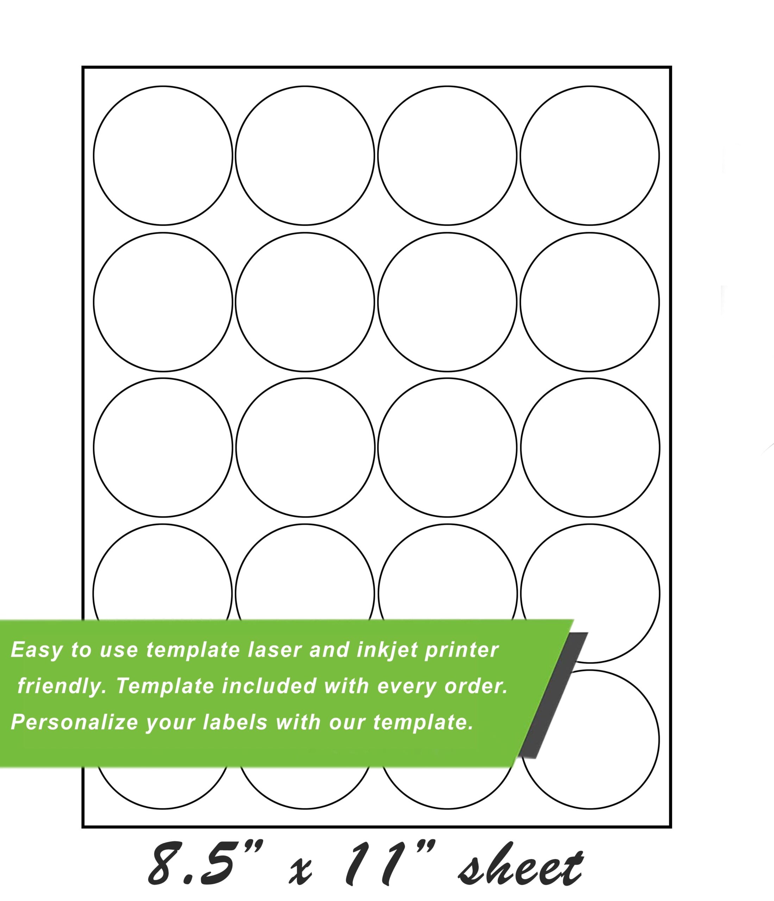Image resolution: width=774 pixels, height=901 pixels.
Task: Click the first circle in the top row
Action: [x=163, y=156]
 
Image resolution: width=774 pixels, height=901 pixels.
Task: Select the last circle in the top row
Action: [x=590, y=156]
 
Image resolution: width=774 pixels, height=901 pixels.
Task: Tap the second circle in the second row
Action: [x=305, y=302]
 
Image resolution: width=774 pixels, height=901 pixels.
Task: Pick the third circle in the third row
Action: [x=447, y=447]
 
